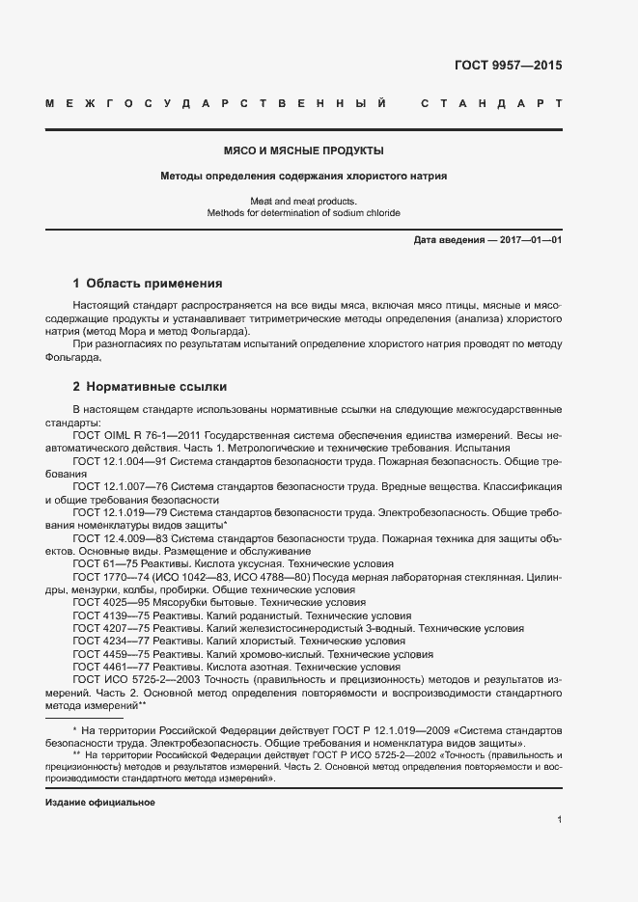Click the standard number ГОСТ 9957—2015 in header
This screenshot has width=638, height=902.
click(508, 67)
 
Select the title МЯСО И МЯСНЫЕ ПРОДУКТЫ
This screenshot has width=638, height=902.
click(304, 151)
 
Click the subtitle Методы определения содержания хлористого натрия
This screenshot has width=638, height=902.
click(304, 177)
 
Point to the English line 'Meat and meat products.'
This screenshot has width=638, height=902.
click(304, 201)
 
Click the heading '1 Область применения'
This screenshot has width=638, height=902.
click(148, 284)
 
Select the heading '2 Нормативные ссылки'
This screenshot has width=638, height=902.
click(150, 387)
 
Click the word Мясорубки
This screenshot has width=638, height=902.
click(181, 601)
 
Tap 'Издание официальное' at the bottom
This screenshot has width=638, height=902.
click(100, 803)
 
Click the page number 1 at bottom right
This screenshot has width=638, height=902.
click(559, 819)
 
